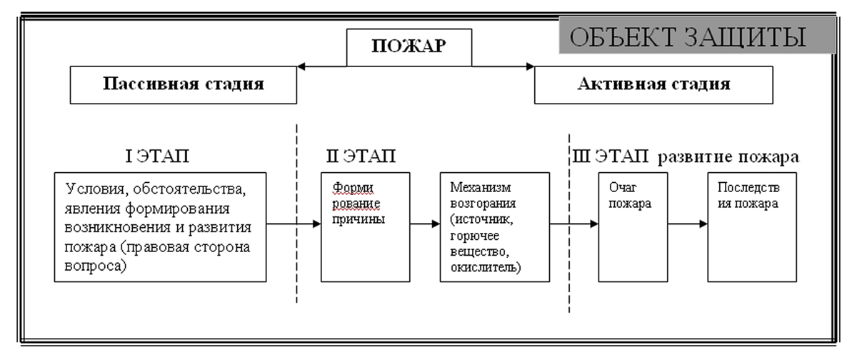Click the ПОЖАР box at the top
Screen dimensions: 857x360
point(409,47)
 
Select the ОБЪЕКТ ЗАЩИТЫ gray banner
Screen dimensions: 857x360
point(697,35)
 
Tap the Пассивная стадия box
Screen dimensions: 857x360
point(184,85)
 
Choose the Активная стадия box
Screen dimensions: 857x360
point(653,85)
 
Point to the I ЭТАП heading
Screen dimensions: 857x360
point(157,156)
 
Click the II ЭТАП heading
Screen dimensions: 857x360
point(361,156)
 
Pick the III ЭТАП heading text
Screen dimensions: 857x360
point(610,156)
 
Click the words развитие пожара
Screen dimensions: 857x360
point(728,157)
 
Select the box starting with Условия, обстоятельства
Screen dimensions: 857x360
point(160,227)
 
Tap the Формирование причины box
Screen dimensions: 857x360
point(366,227)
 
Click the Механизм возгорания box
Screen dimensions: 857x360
point(495,227)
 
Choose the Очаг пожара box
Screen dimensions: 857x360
point(633,227)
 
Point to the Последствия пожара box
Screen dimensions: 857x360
point(752,227)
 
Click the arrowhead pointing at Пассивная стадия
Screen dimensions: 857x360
point(301,66)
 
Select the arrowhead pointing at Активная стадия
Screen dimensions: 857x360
point(530,66)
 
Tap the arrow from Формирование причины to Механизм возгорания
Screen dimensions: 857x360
point(425,224)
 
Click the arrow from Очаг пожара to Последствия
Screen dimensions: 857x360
point(688,224)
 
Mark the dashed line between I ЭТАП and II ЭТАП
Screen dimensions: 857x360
point(296,214)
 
